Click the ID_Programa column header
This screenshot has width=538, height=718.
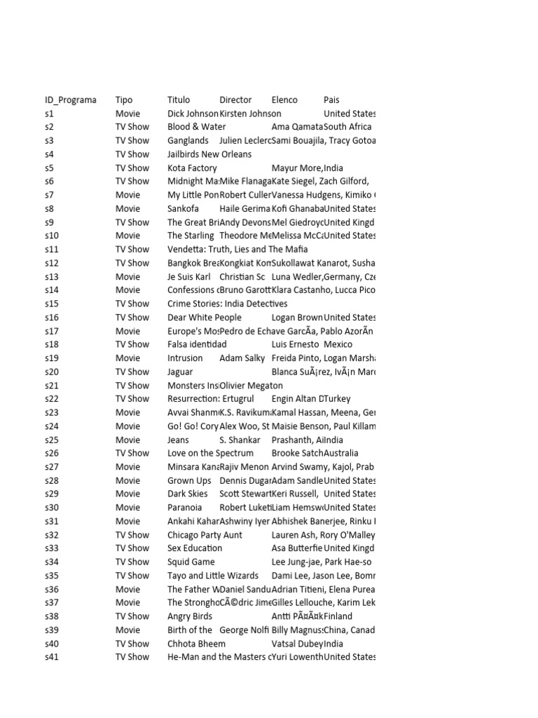(71, 100)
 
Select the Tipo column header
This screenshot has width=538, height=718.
(124, 100)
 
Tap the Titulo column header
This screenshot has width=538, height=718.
(179, 100)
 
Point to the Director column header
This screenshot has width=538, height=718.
(235, 100)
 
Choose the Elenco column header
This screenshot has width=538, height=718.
(284, 100)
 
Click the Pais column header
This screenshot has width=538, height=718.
(331, 100)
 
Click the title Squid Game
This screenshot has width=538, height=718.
(191, 562)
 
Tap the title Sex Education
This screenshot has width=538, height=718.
(195, 548)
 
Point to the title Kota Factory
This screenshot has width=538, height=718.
(192, 168)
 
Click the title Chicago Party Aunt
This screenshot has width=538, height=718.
(205, 535)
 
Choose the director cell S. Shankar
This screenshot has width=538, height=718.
(240, 440)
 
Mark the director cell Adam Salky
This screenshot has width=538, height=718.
(242, 358)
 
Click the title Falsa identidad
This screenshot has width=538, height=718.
(197, 344)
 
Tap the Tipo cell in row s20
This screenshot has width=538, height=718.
(132, 372)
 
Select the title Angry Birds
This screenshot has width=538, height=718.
(190, 616)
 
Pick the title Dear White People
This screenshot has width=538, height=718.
(205, 318)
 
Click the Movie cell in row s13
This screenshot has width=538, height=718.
(127, 277)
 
